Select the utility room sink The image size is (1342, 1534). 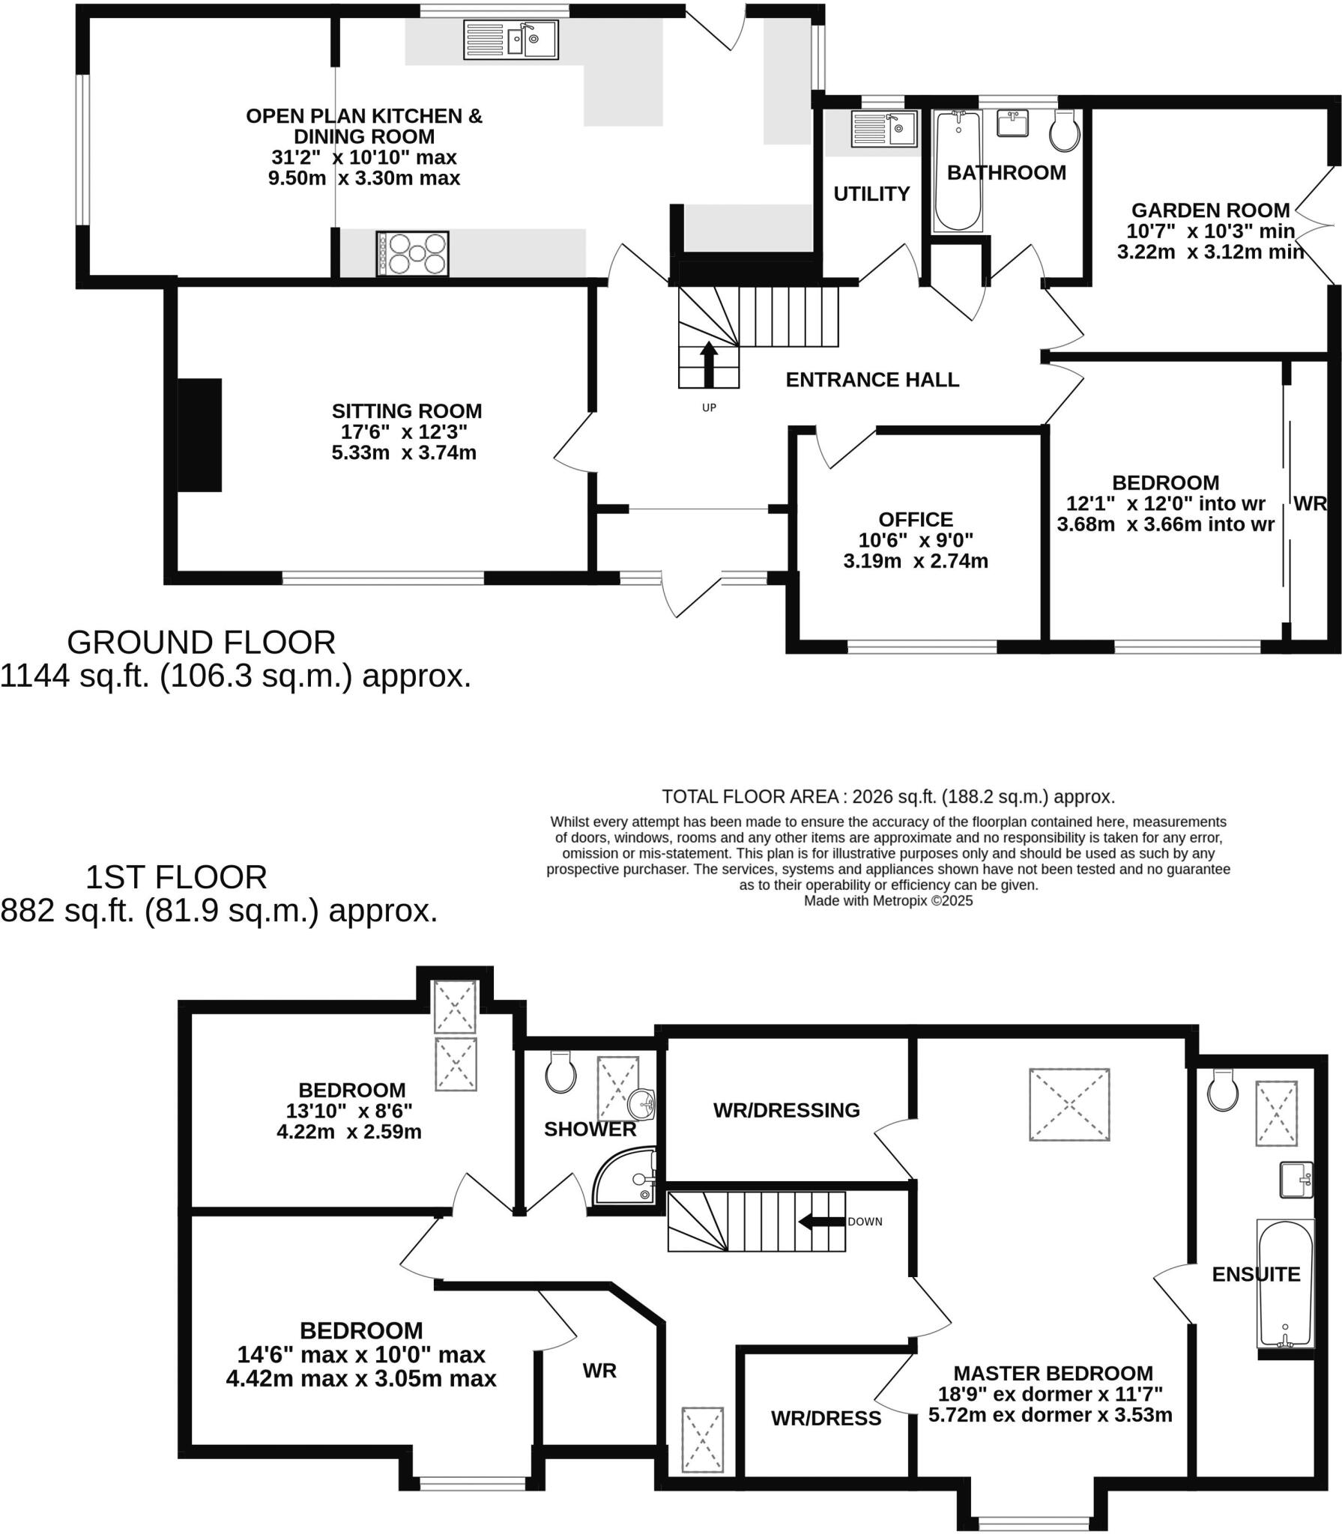(x=884, y=129)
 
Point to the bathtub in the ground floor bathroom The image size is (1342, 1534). (x=958, y=171)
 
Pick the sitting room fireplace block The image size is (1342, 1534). (x=199, y=435)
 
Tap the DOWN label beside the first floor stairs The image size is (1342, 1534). (x=865, y=1222)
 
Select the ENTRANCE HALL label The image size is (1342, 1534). (x=872, y=380)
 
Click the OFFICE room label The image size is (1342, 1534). (x=916, y=519)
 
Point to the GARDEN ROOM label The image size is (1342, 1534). (x=1210, y=210)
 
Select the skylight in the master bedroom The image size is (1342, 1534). (x=1069, y=1105)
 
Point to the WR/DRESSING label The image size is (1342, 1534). (x=786, y=1110)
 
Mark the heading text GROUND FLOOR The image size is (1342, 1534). (x=201, y=643)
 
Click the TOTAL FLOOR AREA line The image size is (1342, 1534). (x=888, y=796)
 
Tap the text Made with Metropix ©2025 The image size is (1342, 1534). (x=888, y=901)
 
